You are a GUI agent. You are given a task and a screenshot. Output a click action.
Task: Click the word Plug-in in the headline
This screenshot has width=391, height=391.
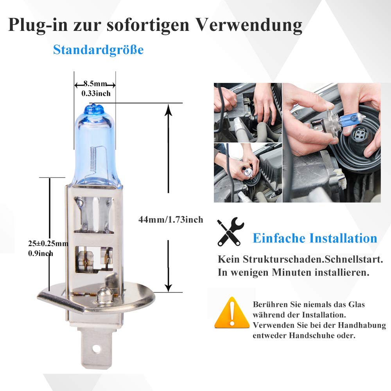(38, 25)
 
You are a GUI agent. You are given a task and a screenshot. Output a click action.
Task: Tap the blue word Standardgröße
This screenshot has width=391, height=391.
(98, 50)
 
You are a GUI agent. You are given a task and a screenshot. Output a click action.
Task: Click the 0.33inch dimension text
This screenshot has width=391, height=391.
(96, 93)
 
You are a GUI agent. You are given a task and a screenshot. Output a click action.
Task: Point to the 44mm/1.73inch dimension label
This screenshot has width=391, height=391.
(171, 220)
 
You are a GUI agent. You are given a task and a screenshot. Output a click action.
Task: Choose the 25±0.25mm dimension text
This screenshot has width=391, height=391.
(48, 243)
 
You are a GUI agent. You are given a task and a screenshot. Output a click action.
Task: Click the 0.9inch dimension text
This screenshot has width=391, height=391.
(41, 253)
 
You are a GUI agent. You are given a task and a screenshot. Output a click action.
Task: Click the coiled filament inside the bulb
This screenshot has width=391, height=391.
(93, 159)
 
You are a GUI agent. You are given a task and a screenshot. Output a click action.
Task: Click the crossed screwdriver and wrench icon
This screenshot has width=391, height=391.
(230, 231)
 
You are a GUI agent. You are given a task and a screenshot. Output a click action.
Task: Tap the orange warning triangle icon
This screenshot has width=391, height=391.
(232, 313)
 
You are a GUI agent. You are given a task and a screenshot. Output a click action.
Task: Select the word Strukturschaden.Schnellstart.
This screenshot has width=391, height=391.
(313, 259)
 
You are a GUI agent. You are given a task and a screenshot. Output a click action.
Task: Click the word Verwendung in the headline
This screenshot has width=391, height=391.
(249, 25)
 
